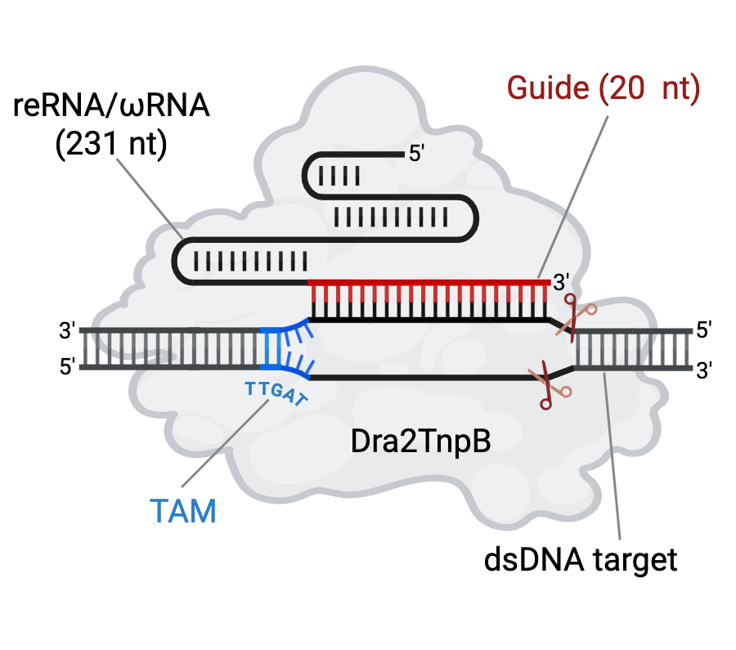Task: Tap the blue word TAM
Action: (x=183, y=512)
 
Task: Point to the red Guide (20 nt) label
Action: (x=604, y=87)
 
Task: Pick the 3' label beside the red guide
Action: (x=562, y=283)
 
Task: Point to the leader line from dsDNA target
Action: (x=613, y=458)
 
